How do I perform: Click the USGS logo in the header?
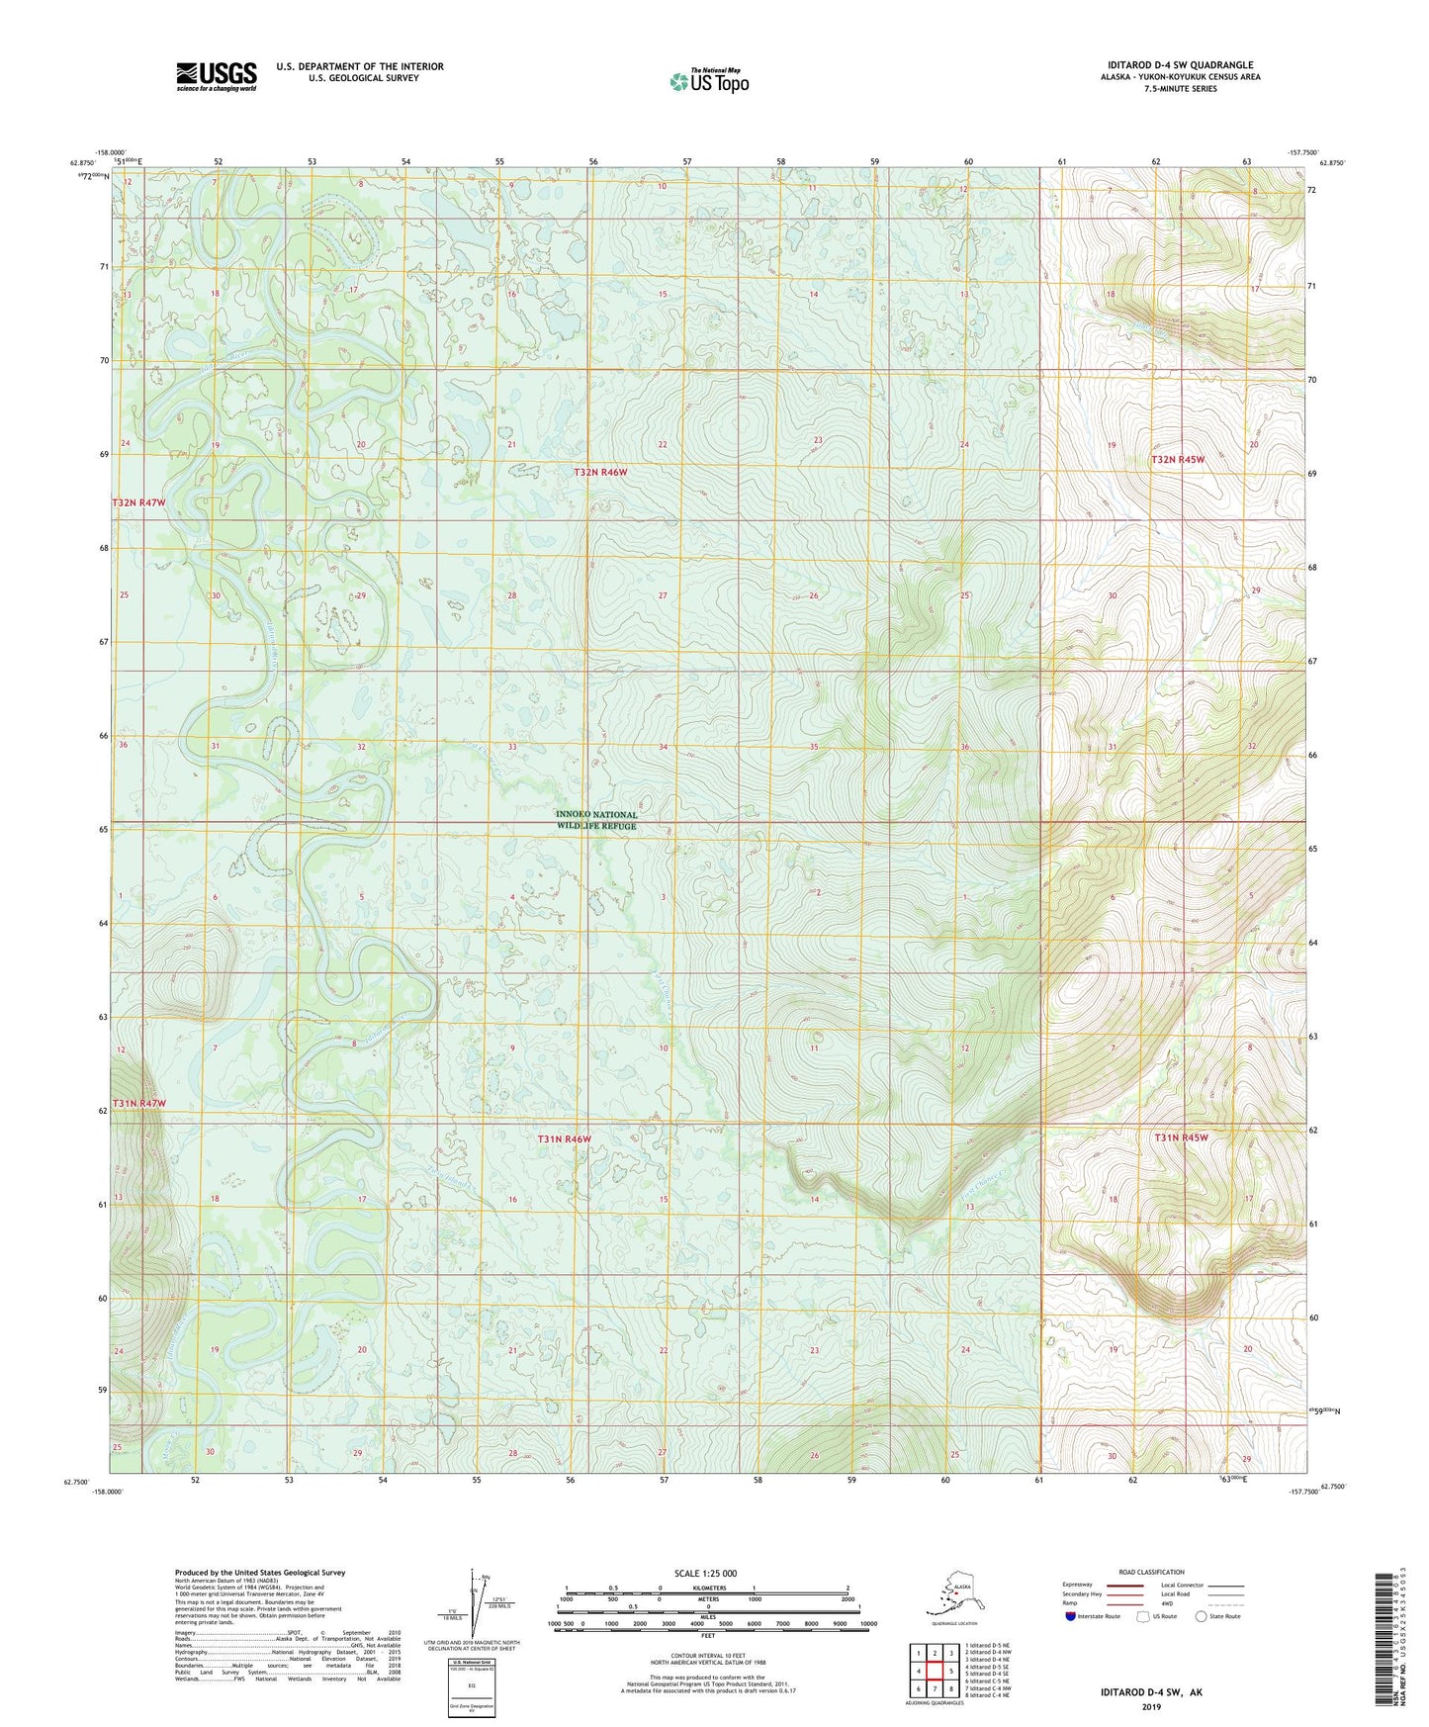tap(216, 77)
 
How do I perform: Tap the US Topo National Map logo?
tap(708, 81)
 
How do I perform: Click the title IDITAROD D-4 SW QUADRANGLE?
tap(1176, 65)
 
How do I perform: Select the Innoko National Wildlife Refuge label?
tap(596, 820)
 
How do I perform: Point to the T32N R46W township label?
tap(600, 473)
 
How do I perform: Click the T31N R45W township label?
tap(1181, 1137)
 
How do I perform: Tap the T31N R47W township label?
tap(138, 1103)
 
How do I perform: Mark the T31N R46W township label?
tap(564, 1139)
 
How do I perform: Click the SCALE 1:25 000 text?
tap(705, 1573)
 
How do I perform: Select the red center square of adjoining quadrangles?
tap(934, 1672)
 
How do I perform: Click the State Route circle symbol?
tap(1202, 1616)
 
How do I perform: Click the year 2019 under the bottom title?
tap(1151, 1706)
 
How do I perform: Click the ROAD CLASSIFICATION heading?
tap(1151, 1572)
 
